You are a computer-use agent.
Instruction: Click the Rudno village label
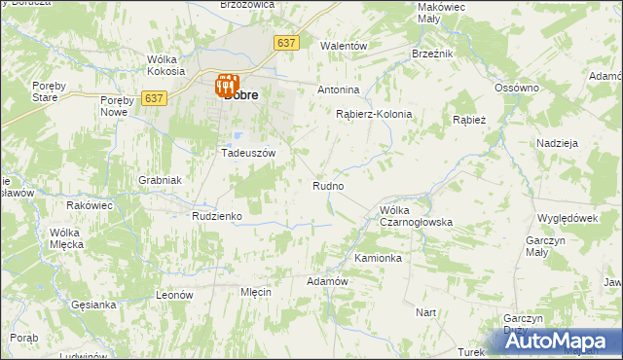(x=328, y=185)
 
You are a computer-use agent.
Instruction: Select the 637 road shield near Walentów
(x=286, y=44)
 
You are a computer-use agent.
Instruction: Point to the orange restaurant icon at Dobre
(x=228, y=85)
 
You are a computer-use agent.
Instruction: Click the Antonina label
(x=339, y=90)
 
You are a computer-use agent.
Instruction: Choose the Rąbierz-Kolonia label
(x=374, y=114)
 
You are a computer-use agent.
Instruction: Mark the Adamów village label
(x=327, y=281)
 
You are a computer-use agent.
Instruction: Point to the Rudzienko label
(x=216, y=216)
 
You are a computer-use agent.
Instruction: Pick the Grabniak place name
(x=160, y=180)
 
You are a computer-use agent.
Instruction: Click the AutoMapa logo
(x=559, y=341)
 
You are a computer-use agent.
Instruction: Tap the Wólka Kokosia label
(x=165, y=65)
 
